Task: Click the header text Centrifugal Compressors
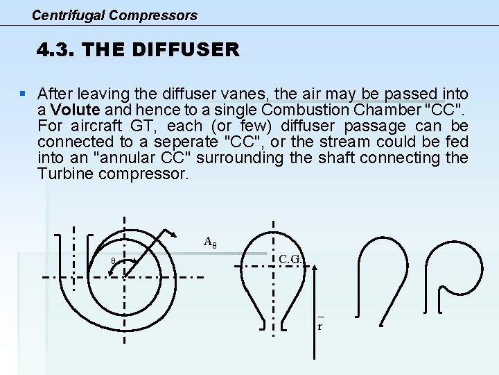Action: [x=114, y=15]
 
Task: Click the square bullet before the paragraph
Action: [x=24, y=92]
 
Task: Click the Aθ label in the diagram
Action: [x=210, y=242]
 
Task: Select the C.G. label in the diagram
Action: [x=290, y=260]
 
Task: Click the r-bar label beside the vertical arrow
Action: [x=320, y=324]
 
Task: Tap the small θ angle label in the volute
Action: [x=114, y=261]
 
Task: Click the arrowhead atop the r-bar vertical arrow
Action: [x=315, y=268]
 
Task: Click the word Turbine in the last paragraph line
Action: [x=66, y=174]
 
